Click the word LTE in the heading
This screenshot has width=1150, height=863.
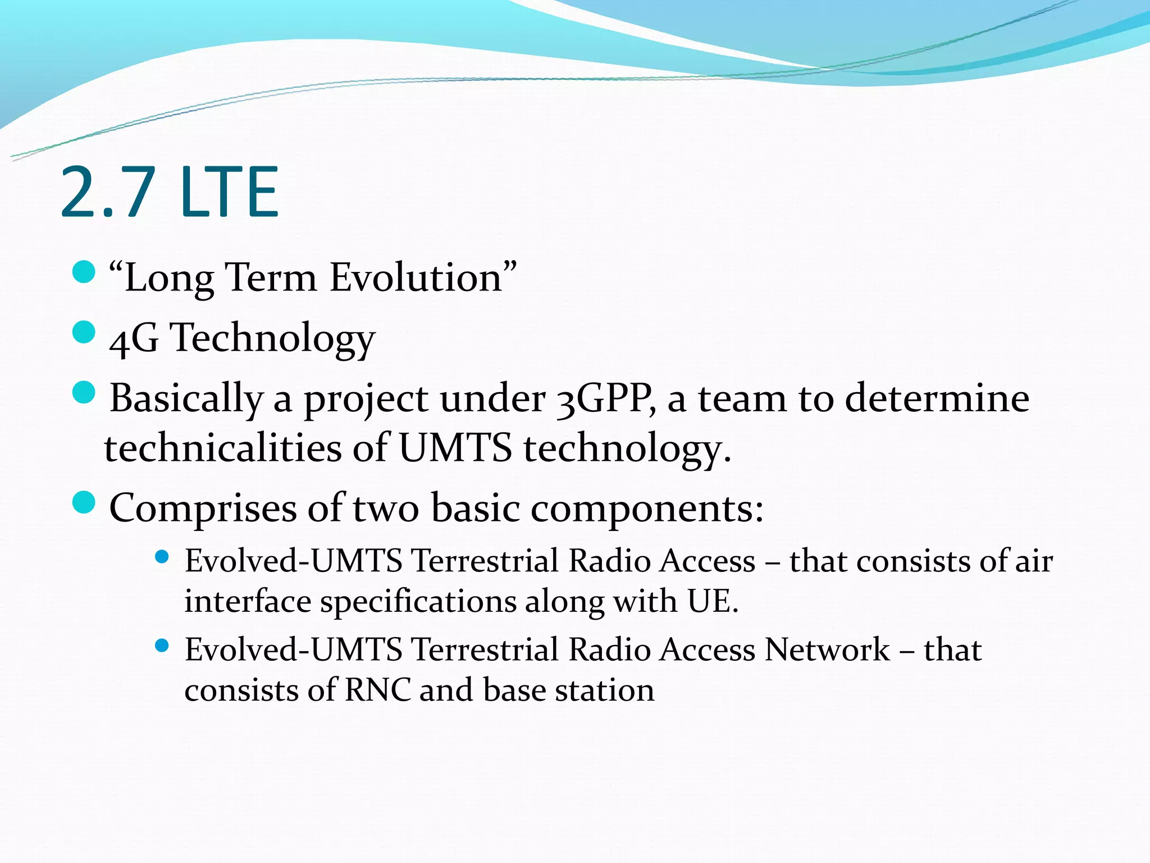coord(230,192)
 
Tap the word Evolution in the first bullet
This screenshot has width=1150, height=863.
coord(416,278)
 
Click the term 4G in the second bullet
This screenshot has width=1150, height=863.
coord(134,339)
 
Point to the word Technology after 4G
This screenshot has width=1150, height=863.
coord(272,339)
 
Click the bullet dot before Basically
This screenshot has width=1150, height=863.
coord(84,393)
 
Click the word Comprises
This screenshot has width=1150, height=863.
coord(203,508)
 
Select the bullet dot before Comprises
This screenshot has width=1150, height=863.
coord(84,502)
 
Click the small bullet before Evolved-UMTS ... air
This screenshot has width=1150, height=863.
coord(162,557)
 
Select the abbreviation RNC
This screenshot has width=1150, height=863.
coord(377,691)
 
